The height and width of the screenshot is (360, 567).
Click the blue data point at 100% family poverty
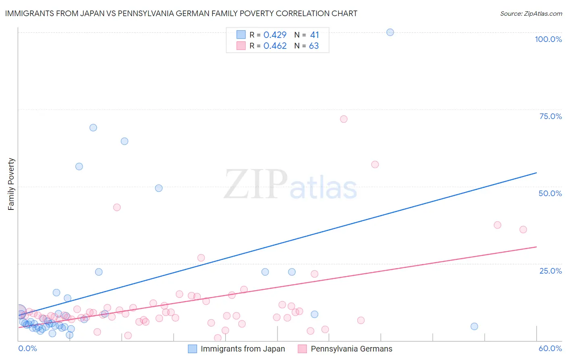(390, 32)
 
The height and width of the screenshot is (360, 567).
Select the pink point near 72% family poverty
(344, 119)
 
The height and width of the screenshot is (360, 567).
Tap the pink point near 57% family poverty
(375, 164)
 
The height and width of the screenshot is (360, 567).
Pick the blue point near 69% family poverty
(93, 128)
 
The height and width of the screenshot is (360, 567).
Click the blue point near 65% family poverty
(125, 141)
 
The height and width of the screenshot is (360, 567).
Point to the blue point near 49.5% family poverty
(159, 188)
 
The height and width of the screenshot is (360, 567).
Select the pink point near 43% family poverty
(117, 207)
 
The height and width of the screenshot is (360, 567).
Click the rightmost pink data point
(523, 230)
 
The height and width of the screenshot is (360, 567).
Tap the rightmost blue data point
(474, 327)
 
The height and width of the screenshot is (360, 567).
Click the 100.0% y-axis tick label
(548, 39)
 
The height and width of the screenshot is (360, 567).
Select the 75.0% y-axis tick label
(550, 116)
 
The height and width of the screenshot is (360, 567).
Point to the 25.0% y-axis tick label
(550, 271)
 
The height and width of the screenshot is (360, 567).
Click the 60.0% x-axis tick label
(550, 348)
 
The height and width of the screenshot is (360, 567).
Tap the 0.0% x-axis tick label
(27, 348)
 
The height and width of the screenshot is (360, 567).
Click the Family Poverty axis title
(11, 184)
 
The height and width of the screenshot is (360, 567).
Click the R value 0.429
(275, 35)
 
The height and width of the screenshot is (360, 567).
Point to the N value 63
(314, 46)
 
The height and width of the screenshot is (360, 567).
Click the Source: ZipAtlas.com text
(531, 14)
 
